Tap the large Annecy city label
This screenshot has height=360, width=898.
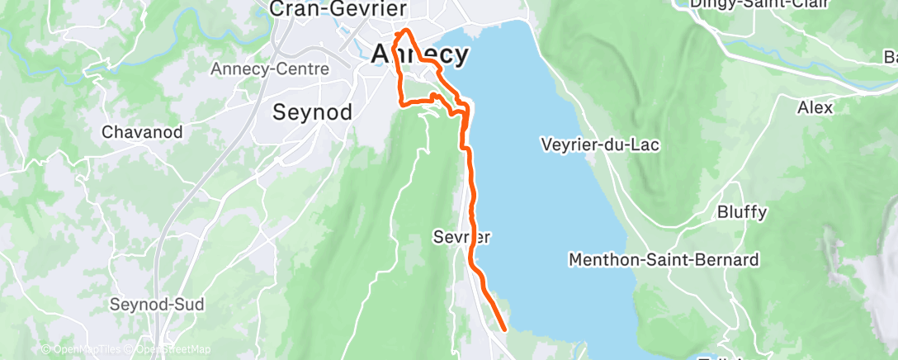click(420, 54)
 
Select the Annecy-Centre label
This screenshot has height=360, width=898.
click(259, 69)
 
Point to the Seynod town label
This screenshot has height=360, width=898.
click(313, 111)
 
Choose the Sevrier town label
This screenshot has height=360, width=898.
click(461, 237)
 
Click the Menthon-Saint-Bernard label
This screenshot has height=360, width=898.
click(664, 260)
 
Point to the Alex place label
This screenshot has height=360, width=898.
click(815, 107)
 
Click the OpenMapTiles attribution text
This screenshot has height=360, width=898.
click(86, 349)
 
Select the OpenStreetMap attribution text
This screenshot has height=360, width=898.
click(169, 349)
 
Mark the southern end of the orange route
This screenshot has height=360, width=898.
click(504, 328)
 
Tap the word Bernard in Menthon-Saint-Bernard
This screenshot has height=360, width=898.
click(727, 260)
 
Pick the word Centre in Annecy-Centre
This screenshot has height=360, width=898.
click(285, 69)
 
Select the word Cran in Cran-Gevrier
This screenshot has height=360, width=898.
click(295, 9)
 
